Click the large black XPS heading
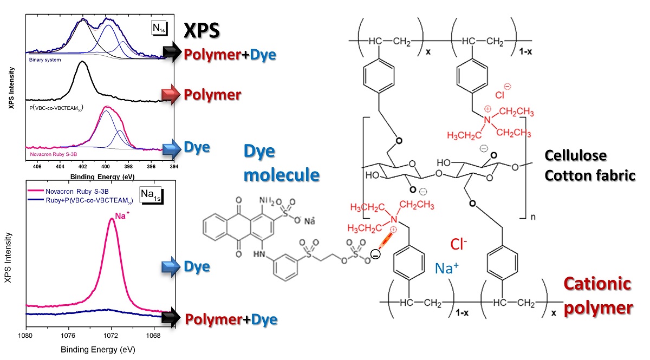(201, 30)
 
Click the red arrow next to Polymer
(173, 95)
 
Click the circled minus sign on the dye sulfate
(374, 252)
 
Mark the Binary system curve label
(45, 60)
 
